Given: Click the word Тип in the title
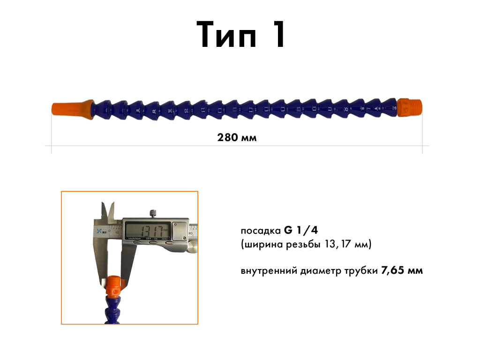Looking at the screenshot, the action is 226,34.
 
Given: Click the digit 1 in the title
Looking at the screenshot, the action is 278,34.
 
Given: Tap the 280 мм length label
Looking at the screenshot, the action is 237,137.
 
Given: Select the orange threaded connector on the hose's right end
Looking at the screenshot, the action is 409,107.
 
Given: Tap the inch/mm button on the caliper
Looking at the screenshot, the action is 137,242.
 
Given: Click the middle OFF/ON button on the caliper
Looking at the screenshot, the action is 153,242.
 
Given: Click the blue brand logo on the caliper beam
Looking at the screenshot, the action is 100,231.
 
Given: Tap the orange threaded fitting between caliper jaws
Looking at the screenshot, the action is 113,287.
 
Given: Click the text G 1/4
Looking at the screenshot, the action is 301,230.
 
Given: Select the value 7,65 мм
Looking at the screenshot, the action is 402,270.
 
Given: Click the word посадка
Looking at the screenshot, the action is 261,231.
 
